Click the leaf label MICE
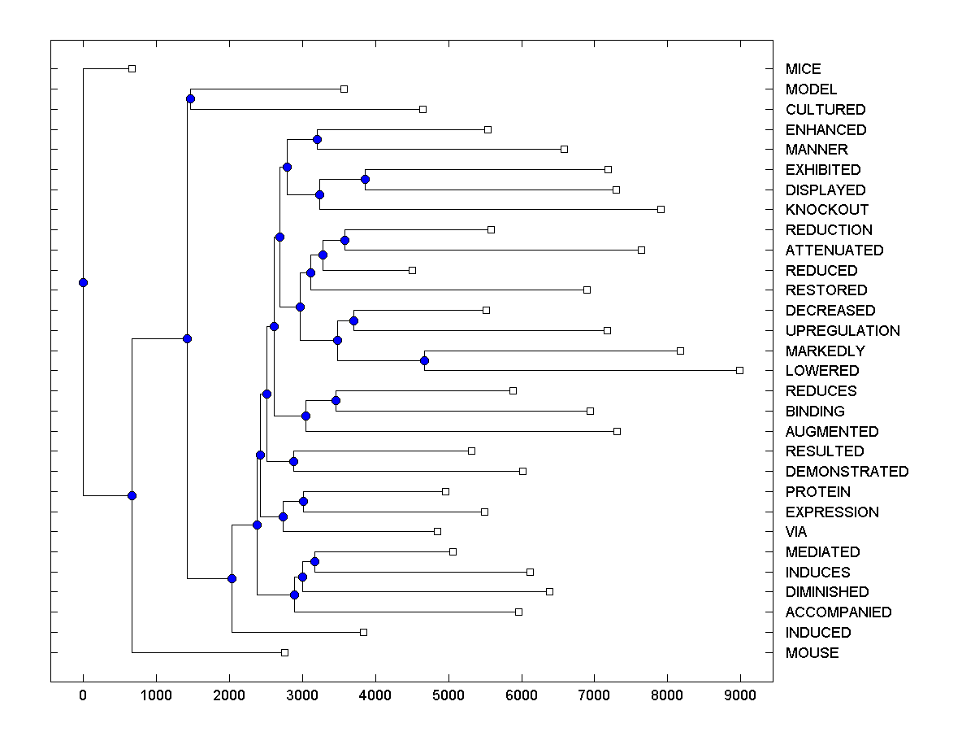[803, 69]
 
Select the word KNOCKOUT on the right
[827, 210]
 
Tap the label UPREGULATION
[843, 331]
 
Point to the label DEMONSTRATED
[847, 472]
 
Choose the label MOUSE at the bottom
[812, 653]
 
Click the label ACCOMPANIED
[838, 612]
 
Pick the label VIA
[796, 532]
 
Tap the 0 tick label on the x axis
[83, 695]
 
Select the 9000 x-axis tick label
[739, 695]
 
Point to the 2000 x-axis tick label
[229, 695]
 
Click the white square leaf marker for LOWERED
[739, 370]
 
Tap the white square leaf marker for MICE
[132, 68]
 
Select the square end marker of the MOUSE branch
[284, 652]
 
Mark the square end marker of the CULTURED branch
[422, 109]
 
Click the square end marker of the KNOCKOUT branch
[661, 209]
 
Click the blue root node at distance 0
[83, 282]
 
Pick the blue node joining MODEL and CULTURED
[190, 99]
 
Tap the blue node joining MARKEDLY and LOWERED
[424, 360]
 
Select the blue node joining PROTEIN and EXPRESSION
[303, 501]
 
